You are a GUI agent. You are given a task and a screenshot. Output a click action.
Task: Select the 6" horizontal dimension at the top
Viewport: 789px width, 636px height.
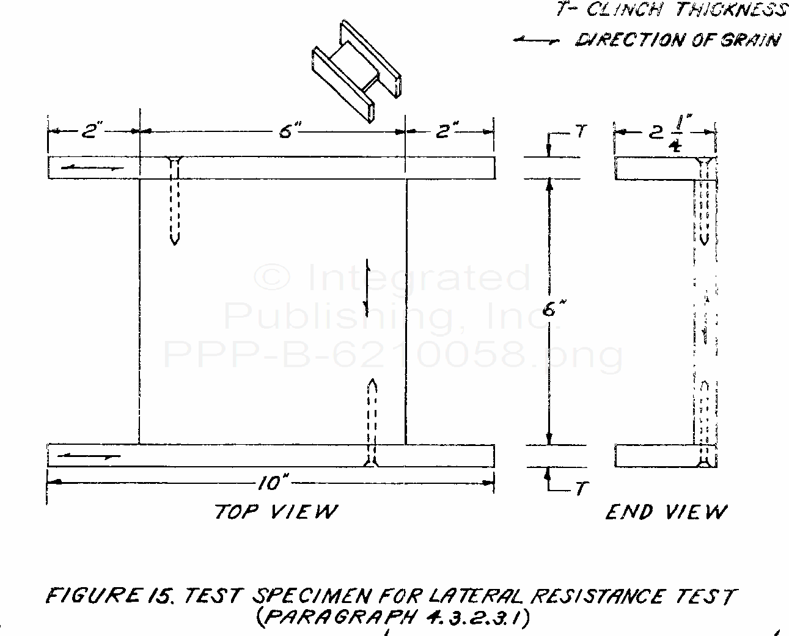288,131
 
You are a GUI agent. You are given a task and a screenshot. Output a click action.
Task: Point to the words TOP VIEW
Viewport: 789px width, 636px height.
276,511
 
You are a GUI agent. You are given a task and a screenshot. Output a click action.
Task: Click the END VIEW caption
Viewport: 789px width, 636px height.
666,512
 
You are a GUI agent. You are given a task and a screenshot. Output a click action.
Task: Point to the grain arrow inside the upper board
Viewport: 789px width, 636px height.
94,168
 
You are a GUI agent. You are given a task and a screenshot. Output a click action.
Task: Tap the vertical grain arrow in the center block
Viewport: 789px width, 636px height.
367,288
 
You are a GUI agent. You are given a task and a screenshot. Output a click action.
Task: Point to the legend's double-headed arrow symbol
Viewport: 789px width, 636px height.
536,41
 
